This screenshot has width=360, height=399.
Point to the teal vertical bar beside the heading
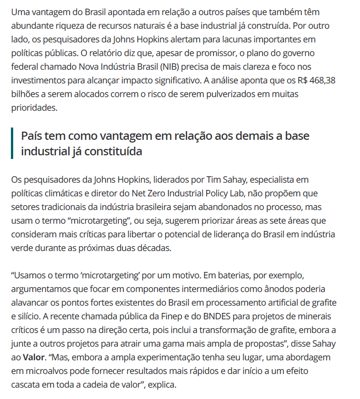pos(12,143)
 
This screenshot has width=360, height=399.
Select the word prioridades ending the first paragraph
pos(35,108)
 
